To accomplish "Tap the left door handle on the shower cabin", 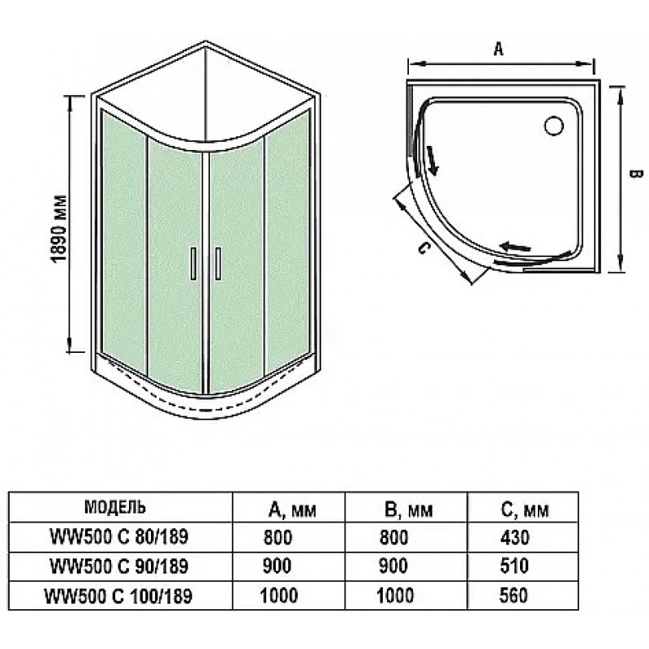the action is pos(193,264).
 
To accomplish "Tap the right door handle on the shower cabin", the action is pos(217,264).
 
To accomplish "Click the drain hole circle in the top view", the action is pos(554,126).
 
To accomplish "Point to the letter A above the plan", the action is pos(499,49).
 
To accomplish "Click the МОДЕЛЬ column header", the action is pos(114,506).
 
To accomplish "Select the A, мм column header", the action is pos(292,510).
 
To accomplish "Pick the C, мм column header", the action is pos(525,510).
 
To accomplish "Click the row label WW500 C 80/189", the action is pos(118,537).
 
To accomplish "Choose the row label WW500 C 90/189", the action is pos(118,566).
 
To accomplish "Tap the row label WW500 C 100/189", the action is pos(118,596).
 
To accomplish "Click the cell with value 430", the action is pos(514,537).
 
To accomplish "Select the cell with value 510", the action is pos(514,565).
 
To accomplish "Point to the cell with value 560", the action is pos(514,595).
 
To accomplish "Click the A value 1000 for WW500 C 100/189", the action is pos(278,595).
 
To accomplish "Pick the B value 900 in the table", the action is pos(393,565).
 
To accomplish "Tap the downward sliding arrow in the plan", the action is pos(433,161).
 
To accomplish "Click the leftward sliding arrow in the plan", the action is pos(515,247).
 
